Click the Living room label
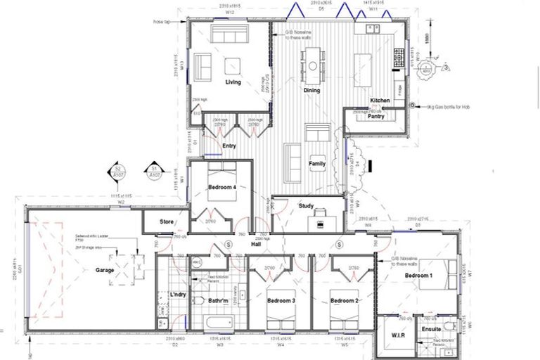233,82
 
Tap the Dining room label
311,91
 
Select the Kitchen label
380,101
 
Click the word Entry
229,146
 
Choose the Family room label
317,164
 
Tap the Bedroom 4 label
222,187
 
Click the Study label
305,206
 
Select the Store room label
167,222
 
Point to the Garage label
105,270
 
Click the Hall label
257,244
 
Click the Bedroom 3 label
281,301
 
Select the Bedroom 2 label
343,301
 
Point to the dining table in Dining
312,65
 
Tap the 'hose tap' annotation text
162,22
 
